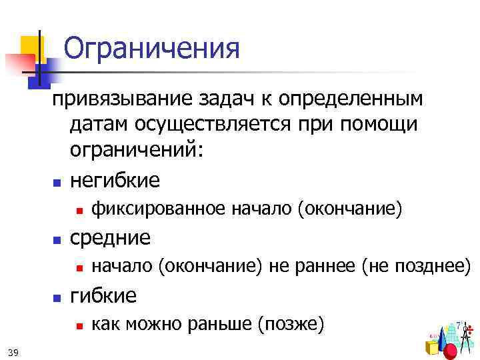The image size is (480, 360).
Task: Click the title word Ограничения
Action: click(x=151, y=49)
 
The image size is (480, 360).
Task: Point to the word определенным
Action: click(x=353, y=99)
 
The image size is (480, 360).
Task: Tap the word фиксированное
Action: click(x=159, y=210)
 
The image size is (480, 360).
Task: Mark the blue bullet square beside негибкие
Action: click(x=57, y=182)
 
